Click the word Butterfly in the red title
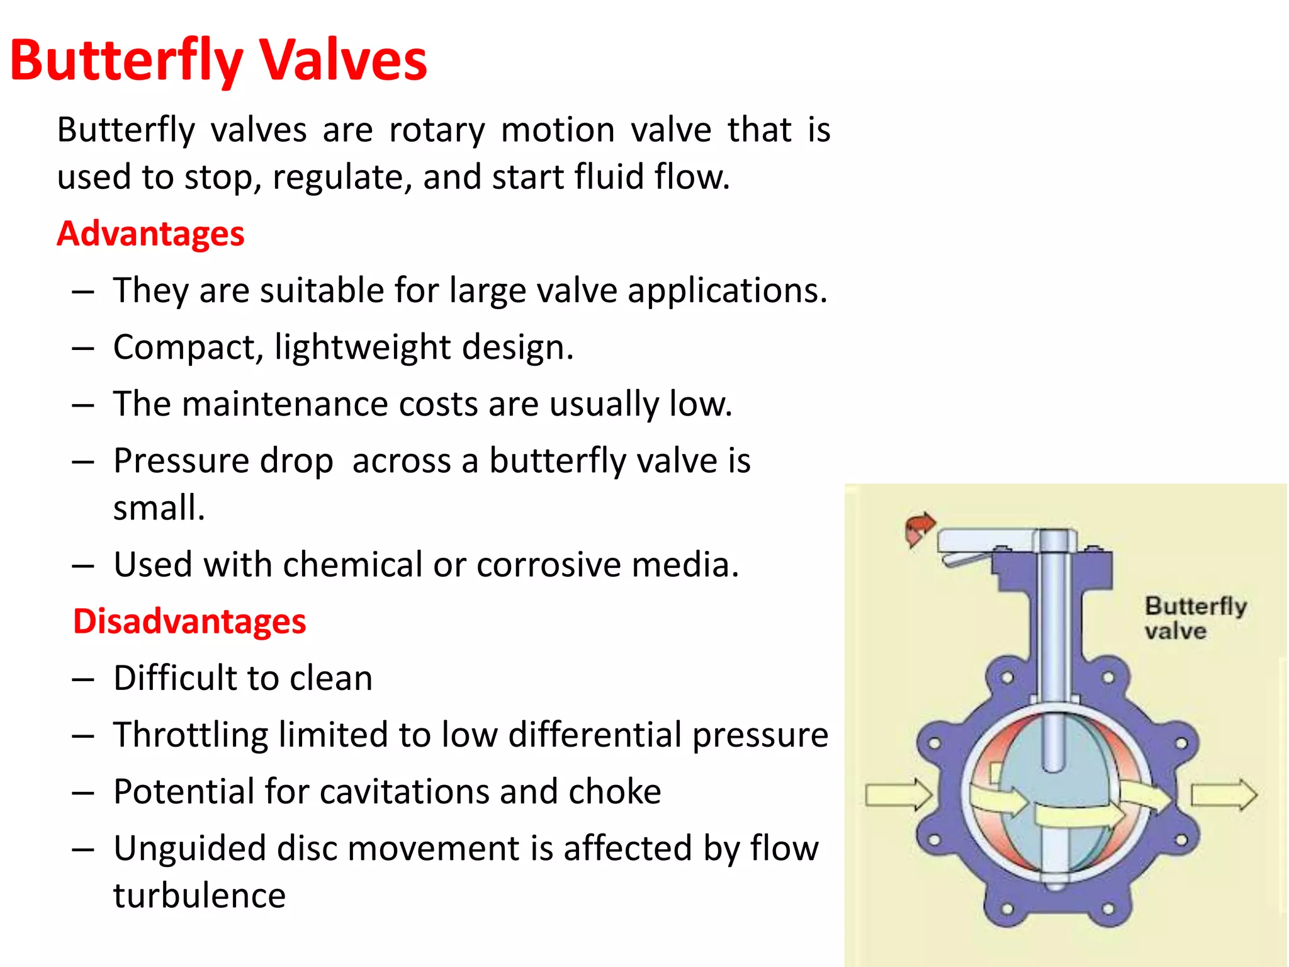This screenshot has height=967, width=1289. [126, 61]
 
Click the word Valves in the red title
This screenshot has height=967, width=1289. [344, 61]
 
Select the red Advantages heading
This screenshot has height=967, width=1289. [150, 234]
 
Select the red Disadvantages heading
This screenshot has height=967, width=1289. [189, 621]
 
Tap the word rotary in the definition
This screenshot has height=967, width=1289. [437, 131]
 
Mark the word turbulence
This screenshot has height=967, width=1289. [200, 896]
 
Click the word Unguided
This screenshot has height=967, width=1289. [189, 849]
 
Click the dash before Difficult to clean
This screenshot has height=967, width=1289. [83, 679]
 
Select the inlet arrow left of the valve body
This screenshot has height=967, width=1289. [898, 795]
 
